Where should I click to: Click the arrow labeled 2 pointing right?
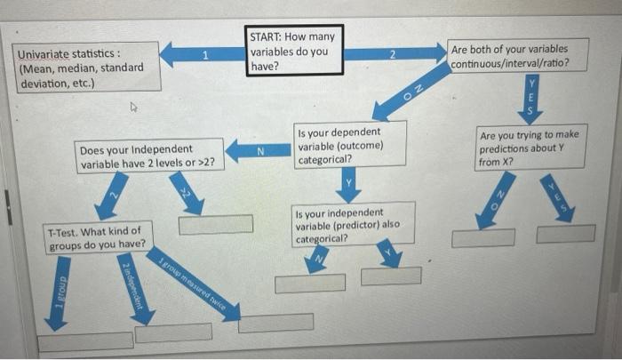click(390, 55)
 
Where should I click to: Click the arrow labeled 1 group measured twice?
click(195, 284)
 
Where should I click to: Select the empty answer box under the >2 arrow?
click(215, 224)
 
